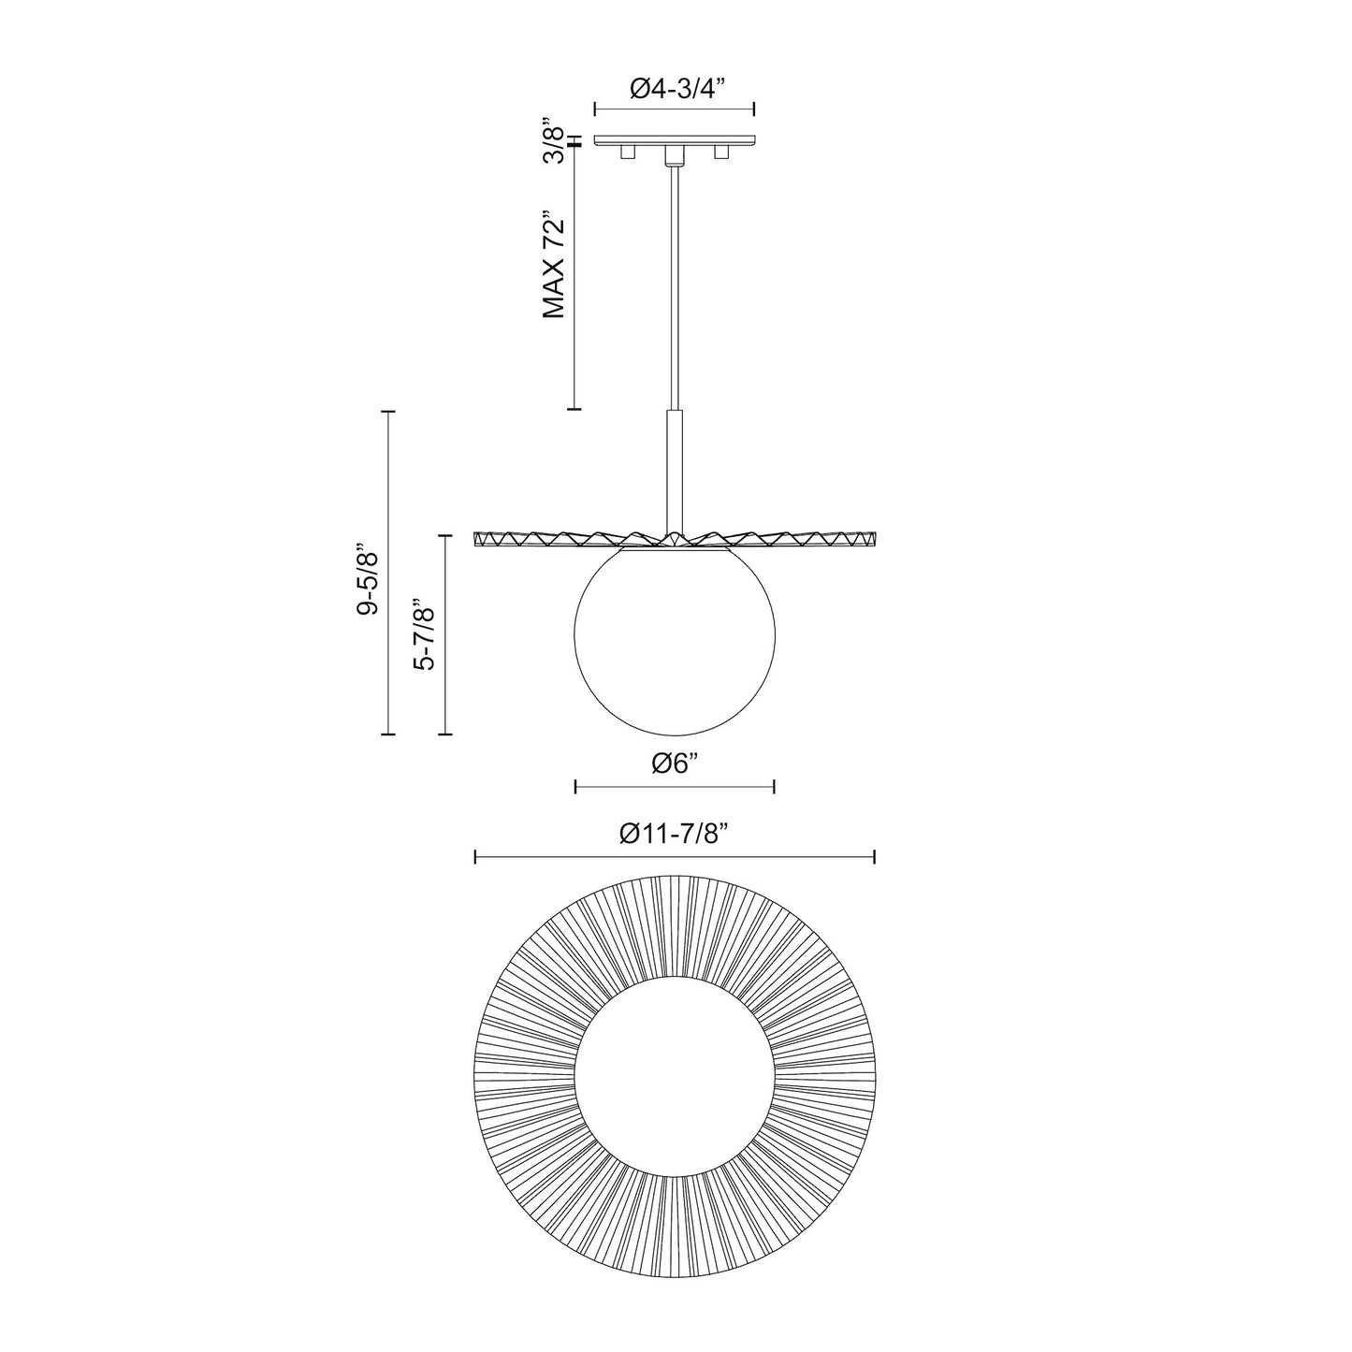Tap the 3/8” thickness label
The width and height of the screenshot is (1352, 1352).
click(556, 142)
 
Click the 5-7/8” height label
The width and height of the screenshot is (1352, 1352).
click(426, 635)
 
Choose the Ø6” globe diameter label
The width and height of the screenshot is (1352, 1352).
click(676, 763)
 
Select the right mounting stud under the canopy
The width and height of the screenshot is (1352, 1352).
click(721, 153)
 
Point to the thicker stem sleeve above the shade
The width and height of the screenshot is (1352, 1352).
click(675, 468)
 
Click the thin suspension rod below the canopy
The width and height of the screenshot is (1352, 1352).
click(674, 281)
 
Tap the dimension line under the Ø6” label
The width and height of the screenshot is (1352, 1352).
click(675, 786)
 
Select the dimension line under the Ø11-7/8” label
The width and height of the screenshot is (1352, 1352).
click(675, 857)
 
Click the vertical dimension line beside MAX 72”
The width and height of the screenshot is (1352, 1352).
click(574, 281)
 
